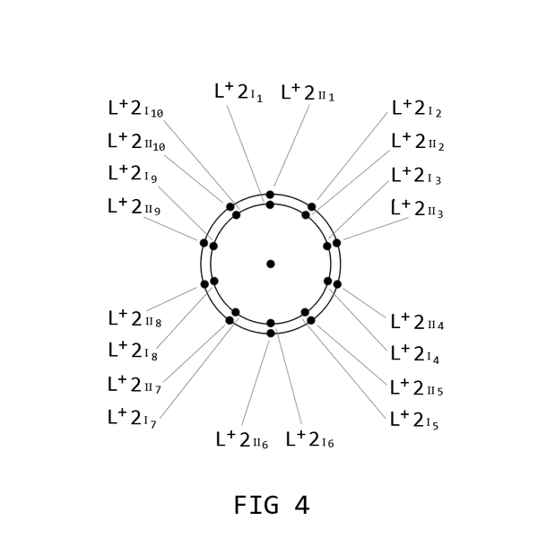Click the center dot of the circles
(271, 264)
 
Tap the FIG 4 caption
(272, 505)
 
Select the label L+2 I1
(239, 92)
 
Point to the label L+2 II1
(308, 92)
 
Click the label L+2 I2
(417, 108)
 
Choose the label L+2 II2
(418, 142)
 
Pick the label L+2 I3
(416, 176)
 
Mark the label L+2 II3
(417, 209)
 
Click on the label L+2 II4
(417, 322)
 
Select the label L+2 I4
(415, 354)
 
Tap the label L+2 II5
(417, 387)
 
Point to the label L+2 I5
(414, 420)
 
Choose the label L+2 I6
(310, 438)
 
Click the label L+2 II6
(242, 439)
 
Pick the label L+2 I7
(132, 418)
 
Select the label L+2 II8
(134, 318)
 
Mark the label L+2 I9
(133, 173)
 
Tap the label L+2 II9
(134, 206)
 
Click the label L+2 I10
(135, 108)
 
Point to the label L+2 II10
(136, 142)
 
